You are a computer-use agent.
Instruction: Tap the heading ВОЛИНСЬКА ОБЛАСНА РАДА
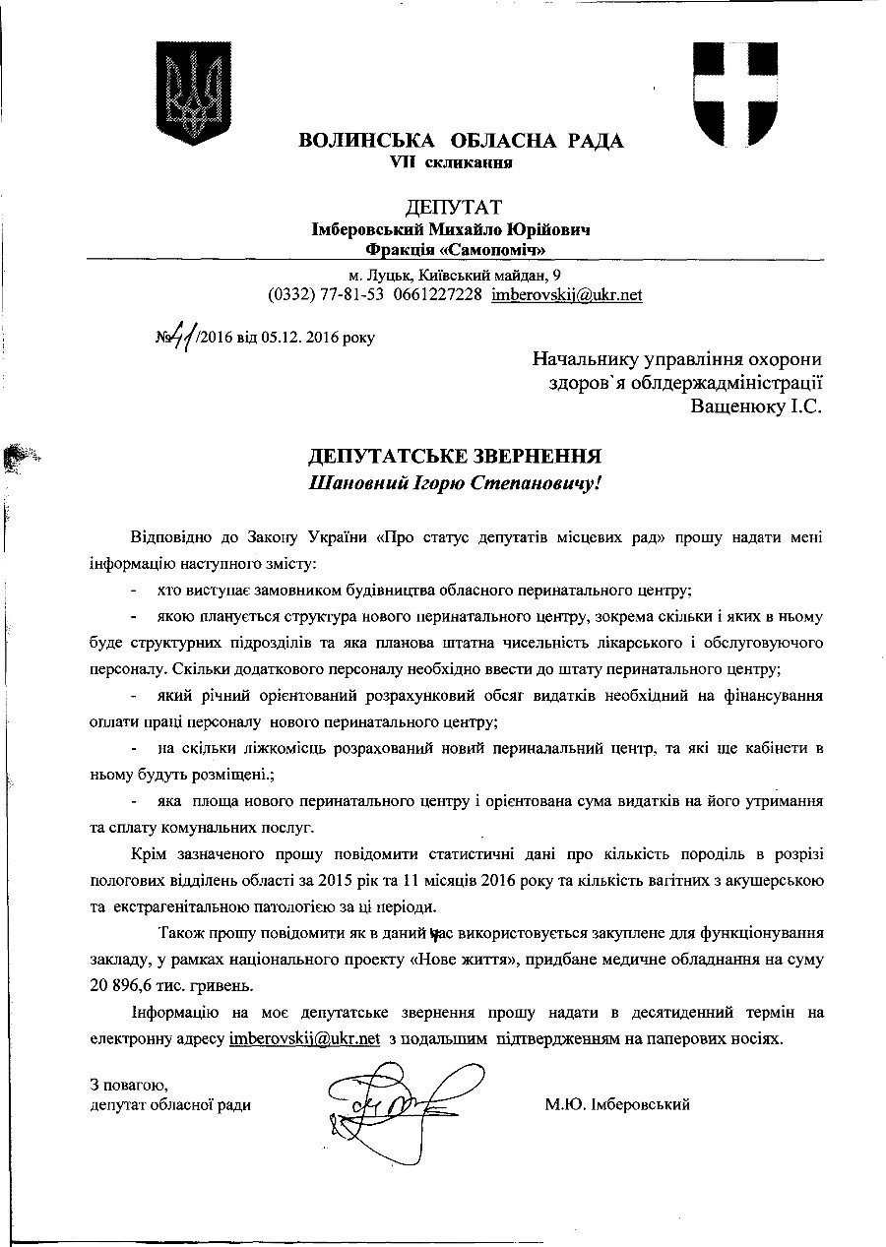[461, 141]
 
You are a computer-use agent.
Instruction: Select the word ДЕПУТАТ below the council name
[454, 207]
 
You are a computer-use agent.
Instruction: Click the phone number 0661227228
[437, 294]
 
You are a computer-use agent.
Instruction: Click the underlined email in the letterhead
[567, 294]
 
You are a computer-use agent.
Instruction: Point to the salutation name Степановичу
[533, 483]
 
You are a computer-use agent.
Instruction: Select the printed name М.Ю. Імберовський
[617, 1104]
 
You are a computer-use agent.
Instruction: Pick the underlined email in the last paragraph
[304, 1039]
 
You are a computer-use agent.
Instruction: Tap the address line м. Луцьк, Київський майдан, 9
[456, 275]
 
